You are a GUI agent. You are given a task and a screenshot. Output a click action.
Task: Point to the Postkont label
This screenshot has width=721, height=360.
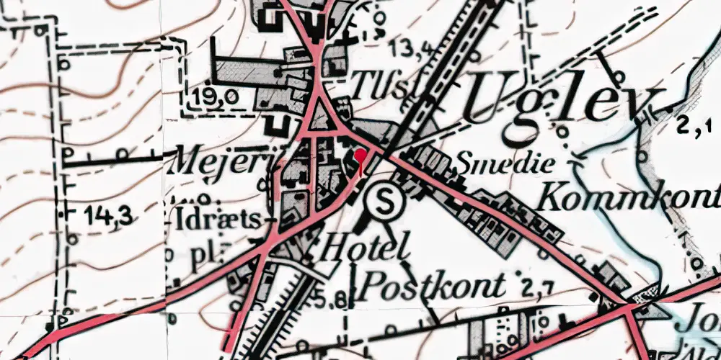[432, 286]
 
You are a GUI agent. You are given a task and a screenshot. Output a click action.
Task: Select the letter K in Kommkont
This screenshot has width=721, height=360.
[553, 194]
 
